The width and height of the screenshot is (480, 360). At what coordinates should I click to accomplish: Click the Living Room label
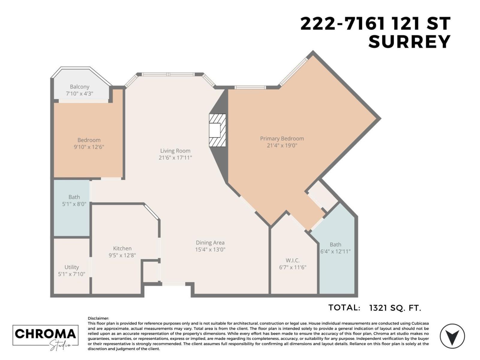175,151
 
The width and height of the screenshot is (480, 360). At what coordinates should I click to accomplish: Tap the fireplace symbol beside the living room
217,130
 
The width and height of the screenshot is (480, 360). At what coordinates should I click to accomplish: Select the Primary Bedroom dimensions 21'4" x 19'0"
282,146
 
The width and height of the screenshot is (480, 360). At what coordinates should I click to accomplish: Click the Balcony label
79,87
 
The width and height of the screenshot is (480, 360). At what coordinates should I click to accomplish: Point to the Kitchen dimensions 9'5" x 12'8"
122,255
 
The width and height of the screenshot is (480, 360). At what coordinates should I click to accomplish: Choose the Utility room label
72,267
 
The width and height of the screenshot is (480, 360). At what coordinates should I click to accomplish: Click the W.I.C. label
292,260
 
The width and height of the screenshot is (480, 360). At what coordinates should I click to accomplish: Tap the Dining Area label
210,243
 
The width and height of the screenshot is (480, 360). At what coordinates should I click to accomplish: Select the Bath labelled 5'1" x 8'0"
74,200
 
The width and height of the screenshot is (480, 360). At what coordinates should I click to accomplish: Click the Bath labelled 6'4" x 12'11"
335,248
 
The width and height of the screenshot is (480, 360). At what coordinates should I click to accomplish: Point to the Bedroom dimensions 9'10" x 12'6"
89,147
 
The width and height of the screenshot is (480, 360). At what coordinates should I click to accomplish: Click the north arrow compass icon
452,336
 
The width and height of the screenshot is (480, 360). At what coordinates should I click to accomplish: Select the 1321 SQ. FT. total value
395,308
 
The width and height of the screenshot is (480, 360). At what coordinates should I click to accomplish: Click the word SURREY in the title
409,42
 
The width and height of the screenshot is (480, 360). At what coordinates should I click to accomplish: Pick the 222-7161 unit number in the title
342,24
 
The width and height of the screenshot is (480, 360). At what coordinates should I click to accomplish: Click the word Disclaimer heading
98,318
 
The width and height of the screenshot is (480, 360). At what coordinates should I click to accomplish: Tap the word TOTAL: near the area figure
344,308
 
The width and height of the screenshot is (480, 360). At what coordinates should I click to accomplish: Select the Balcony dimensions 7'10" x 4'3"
79,94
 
